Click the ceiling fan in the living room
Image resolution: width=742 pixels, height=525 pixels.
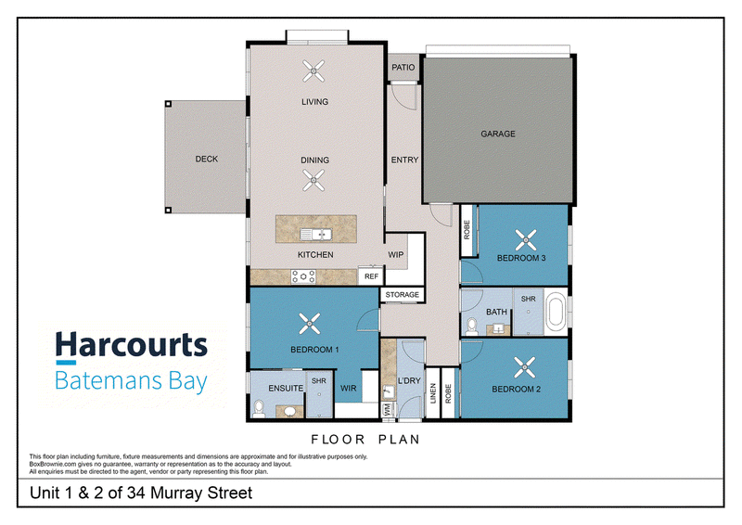313,71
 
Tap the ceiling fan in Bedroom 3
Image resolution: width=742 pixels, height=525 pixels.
525,239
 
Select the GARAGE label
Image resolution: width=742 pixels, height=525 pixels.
498,134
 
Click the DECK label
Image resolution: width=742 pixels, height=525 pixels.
207,159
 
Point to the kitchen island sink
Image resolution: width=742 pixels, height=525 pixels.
315,234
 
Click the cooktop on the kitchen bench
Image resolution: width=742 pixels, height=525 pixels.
303,276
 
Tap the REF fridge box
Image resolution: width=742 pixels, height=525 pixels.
371,276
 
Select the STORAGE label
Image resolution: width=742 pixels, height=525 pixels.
403,294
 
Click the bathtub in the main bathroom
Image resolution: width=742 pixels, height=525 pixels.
556,312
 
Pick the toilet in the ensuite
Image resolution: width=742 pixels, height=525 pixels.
259,408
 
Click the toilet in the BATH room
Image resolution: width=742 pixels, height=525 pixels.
472,327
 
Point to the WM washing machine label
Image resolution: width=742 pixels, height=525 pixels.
388,409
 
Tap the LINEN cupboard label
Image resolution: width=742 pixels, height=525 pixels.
433,393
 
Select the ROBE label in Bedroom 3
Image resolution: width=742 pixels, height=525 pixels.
467,230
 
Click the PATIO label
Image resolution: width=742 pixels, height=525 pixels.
403,67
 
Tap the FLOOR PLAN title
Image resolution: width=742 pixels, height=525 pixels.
365,440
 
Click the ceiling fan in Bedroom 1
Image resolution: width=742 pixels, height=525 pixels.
310,324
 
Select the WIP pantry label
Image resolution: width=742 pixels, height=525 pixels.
396,255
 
